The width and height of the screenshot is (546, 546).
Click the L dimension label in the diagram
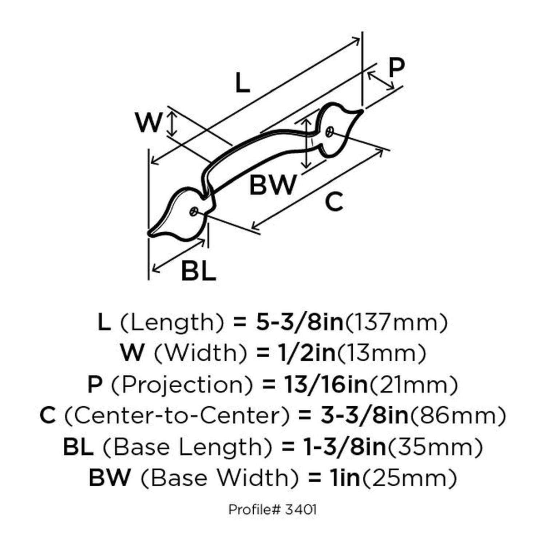coord(242,83)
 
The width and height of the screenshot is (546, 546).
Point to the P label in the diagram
coord(396,68)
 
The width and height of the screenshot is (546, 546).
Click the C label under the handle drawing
coord(334,202)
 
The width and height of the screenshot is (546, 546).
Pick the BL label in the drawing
coord(198,270)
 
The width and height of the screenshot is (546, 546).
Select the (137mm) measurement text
coord(396,323)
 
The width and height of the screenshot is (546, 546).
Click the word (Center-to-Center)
coord(177,416)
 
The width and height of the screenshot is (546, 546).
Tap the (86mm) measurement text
coord(458,416)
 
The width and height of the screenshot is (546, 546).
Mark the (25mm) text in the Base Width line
coord(408,478)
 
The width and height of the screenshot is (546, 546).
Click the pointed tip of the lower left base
coord(150,233)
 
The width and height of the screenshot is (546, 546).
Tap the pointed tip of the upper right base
coord(362,110)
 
